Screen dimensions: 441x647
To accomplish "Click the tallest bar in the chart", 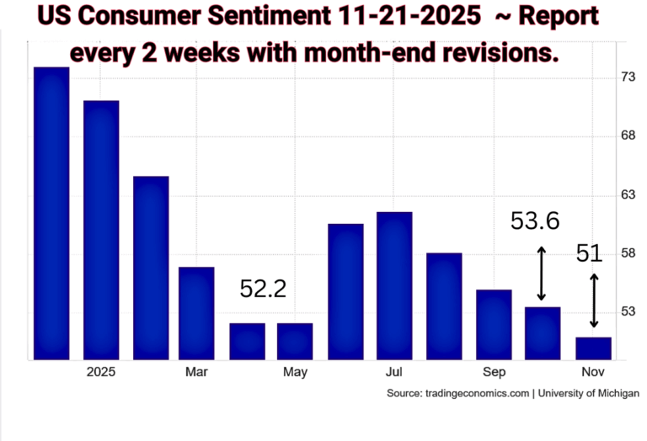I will (51, 213).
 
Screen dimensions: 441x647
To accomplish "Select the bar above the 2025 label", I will (100, 230).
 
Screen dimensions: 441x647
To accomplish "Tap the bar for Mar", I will (196, 313).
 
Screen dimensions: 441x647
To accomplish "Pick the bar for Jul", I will (394, 285).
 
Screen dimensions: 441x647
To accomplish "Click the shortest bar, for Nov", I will (593, 348).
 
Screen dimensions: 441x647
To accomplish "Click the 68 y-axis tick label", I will (628, 135).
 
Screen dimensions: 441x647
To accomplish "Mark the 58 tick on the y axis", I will (628, 253).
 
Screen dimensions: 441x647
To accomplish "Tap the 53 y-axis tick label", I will (628, 312).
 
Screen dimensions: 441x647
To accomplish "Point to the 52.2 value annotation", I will (263, 290).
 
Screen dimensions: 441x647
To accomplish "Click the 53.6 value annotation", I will (535, 221).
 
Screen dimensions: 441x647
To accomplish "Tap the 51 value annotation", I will (590, 253).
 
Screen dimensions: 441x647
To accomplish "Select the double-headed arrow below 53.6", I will (542, 274).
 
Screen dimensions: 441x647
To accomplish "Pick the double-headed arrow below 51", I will (594, 300).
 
